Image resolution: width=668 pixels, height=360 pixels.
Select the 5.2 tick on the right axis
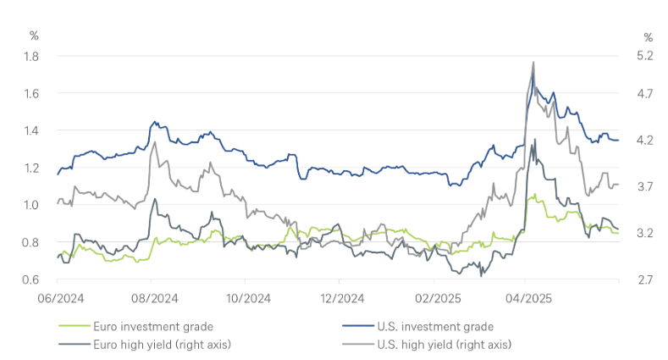tap(646, 56)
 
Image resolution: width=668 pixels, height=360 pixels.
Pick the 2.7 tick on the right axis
tap(646, 280)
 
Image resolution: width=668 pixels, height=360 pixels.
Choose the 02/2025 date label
tap(433, 298)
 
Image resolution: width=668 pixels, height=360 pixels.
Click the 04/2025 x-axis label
tap(525, 298)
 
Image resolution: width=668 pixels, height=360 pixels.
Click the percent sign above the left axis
tap(34, 37)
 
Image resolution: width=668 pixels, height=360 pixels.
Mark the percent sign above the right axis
tap(648, 37)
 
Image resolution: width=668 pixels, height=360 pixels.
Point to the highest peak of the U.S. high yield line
tap(533, 62)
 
